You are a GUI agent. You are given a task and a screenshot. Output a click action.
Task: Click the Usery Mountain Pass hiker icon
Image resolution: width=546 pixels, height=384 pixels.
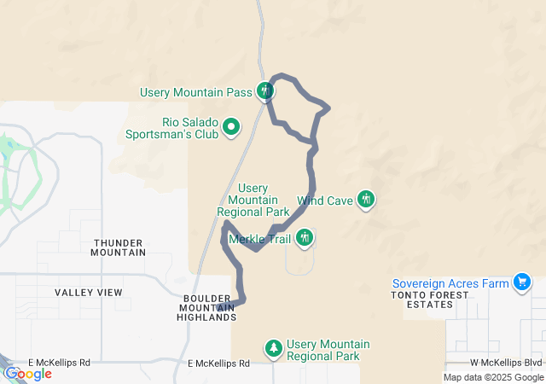(x=266, y=90)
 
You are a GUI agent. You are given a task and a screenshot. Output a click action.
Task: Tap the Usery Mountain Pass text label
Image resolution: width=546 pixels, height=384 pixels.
(x=201, y=90)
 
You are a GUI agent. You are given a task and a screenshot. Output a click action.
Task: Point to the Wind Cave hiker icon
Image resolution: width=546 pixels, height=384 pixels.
(x=366, y=200)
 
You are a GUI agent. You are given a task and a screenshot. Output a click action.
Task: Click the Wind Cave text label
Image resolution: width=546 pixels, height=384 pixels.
(x=326, y=202)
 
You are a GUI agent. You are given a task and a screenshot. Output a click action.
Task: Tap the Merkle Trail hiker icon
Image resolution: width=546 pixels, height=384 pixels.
(x=305, y=238)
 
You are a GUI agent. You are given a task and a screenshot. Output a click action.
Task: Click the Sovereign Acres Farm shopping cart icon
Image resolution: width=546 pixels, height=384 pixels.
(x=522, y=282)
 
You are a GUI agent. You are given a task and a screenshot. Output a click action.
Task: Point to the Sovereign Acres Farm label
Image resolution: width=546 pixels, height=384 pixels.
(x=450, y=283)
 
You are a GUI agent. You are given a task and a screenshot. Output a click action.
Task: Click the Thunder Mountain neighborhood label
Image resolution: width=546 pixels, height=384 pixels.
(x=119, y=247)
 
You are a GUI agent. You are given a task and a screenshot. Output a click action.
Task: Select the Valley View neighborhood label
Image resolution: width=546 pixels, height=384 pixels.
(x=89, y=293)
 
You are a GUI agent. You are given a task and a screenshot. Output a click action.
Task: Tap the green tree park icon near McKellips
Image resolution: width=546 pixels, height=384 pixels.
(x=274, y=347)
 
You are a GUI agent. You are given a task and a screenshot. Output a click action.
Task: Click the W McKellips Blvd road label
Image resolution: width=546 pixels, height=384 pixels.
(x=506, y=364)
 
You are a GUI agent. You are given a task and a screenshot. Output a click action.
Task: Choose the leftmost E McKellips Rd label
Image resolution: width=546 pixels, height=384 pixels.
(x=59, y=363)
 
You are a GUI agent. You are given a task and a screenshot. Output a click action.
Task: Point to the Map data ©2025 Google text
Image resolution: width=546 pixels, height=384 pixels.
(x=492, y=377)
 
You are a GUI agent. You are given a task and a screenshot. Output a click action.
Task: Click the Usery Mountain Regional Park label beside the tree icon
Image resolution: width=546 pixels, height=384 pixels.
(x=328, y=350)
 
